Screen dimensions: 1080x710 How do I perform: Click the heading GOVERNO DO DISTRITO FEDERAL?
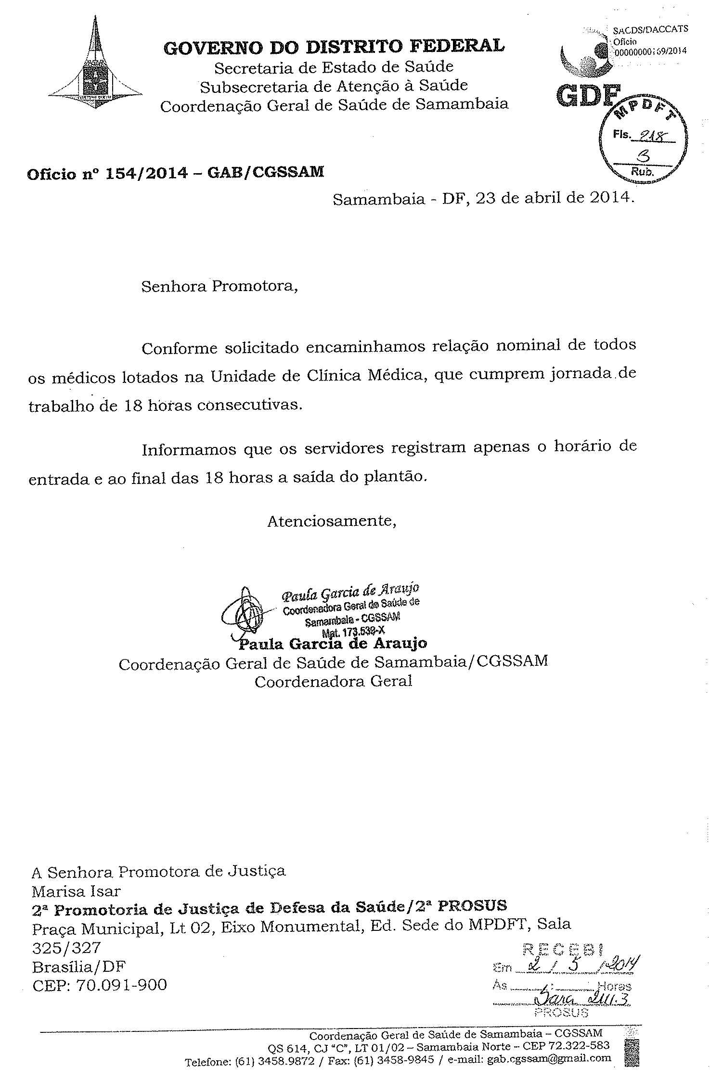335,46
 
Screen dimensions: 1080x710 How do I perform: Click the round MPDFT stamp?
643,144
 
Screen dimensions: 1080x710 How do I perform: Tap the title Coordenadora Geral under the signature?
333,682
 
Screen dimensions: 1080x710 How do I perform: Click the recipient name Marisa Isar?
76,891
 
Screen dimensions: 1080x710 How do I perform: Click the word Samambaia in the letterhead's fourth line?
462,105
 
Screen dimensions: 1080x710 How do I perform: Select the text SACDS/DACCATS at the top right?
650,29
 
